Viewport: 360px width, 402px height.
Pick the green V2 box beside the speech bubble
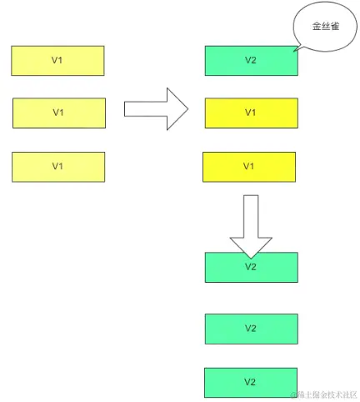[x=251, y=61]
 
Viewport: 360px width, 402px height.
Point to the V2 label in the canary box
[x=251, y=61]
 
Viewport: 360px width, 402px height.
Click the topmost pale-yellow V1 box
[x=57, y=61]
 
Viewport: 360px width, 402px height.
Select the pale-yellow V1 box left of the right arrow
[x=59, y=113]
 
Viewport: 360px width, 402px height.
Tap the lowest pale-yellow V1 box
[x=57, y=166]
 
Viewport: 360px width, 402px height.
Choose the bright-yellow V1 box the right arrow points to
[x=251, y=113]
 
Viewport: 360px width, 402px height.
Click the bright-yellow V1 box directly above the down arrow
[x=249, y=166]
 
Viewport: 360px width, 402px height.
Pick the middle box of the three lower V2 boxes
[x=251, y=329]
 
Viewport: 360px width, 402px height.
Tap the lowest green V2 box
[x=251, y=382]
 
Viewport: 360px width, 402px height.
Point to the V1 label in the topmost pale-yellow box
[x=57, y=61]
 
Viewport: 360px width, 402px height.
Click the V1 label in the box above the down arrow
[x=249, y=166]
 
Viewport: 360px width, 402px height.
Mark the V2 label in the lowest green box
[x=251, y=382]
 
